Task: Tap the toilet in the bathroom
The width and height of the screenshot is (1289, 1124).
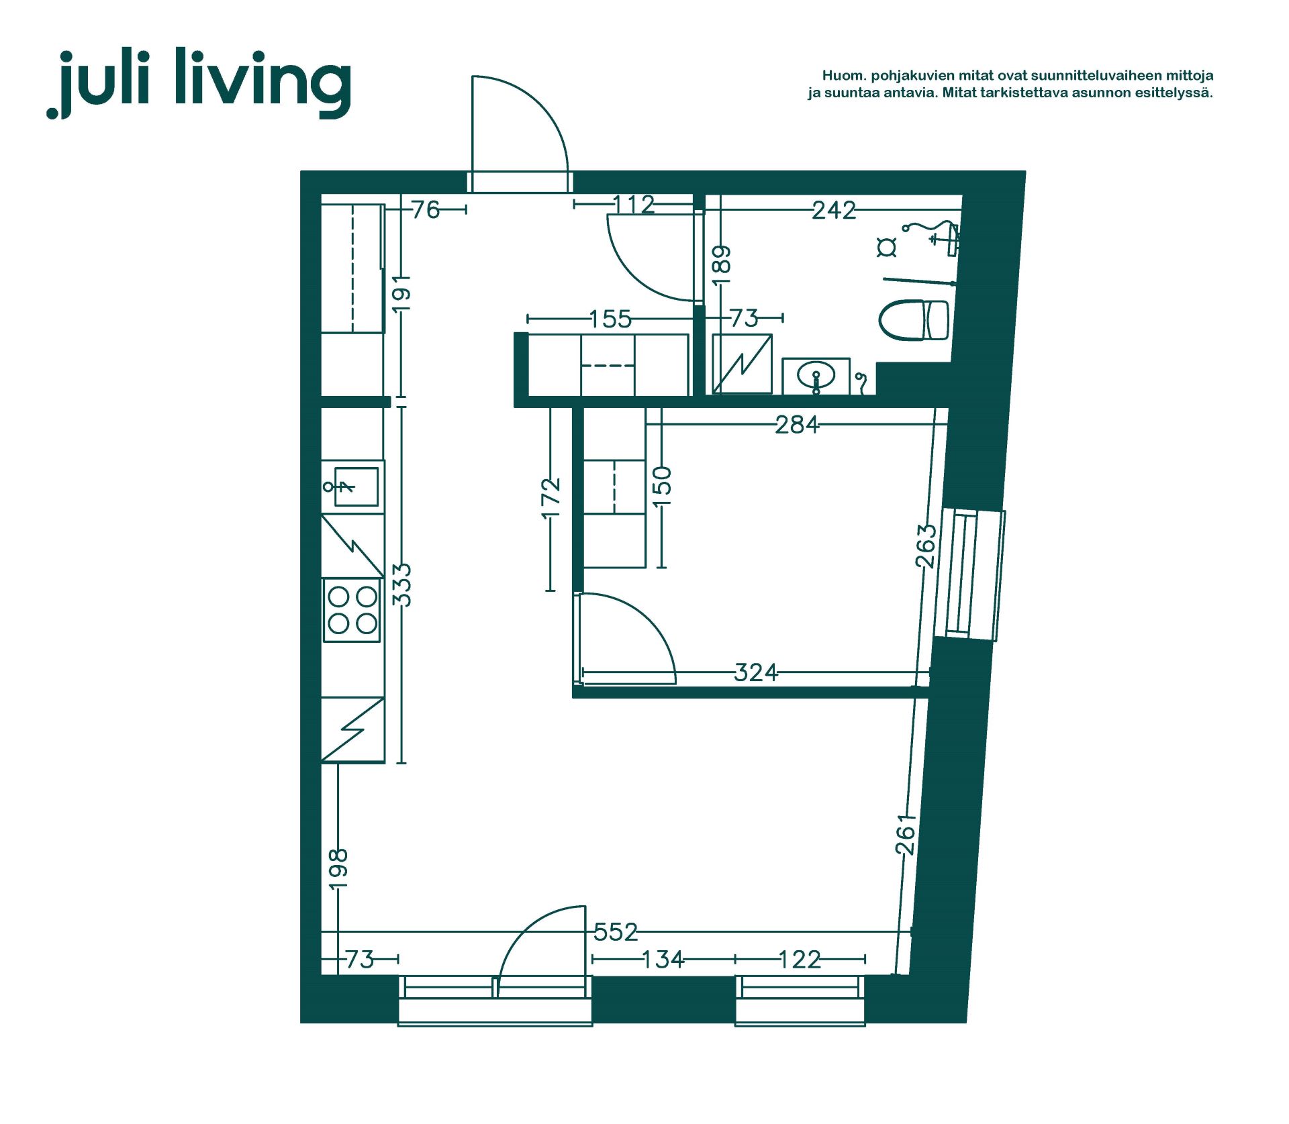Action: point(914,320)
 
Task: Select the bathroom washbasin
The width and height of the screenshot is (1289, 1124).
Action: point(816,376)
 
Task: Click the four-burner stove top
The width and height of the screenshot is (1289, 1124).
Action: point(352,610)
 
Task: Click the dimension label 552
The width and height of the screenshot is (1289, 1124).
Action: point(616,931)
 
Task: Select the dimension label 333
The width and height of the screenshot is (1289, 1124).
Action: point(401,585)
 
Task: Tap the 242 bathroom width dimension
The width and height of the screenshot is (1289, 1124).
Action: point(834,211)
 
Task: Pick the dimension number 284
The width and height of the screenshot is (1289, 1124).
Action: point(797,425)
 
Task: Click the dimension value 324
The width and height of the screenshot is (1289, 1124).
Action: point(756,672)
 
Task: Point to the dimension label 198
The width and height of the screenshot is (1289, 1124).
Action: point(338,869)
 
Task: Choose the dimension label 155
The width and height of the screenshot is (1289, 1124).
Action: point(610,319)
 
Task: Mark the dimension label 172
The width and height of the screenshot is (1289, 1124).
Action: point(551,497)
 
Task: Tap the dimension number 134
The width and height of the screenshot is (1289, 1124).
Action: point(663,960)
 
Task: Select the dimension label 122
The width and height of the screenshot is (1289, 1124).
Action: point(800,960)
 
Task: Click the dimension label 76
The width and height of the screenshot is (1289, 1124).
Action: point(426,210)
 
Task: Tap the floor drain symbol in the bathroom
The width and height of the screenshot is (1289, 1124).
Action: point(887,247)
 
